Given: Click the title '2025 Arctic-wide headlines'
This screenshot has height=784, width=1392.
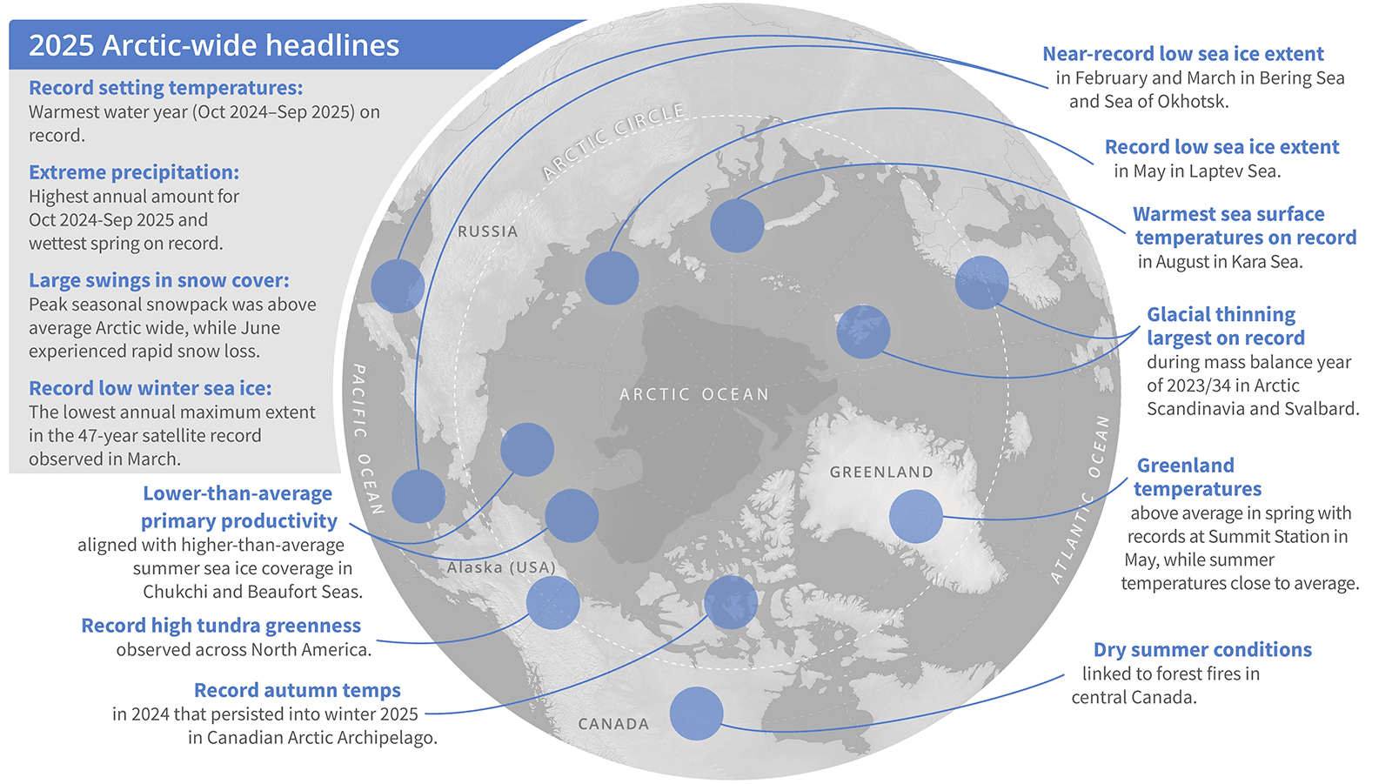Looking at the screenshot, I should pos(214,45).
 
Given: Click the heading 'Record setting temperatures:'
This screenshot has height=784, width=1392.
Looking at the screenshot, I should pos(165,88).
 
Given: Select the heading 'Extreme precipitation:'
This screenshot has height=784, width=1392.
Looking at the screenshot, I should pos(133,172).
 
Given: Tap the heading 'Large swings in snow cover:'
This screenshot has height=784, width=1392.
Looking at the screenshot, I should pos(158,280).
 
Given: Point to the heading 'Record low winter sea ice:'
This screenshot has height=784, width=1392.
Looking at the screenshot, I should pos(150,388).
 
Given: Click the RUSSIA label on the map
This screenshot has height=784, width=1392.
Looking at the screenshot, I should pos(487,231).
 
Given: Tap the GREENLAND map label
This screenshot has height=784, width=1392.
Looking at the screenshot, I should pos(880,472).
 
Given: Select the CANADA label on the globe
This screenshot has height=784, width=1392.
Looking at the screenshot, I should pos(613,724).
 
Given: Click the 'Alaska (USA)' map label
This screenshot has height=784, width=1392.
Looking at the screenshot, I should pos(501,567).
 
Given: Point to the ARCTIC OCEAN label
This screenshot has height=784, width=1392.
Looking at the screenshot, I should pos(694,394).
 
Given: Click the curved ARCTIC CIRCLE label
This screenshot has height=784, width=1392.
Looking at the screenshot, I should pos(612,141).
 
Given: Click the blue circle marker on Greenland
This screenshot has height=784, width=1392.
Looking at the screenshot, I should pos(915,516).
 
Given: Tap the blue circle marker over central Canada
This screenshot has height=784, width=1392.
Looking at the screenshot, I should pos(696,714).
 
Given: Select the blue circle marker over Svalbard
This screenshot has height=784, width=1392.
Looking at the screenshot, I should pos(863,332).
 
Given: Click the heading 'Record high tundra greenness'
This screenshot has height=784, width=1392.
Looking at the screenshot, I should pos(221,626).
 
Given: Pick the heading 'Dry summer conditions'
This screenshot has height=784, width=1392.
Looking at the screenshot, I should pos(1202,650).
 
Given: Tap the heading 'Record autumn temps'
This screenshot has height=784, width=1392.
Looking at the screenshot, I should pos(297,690).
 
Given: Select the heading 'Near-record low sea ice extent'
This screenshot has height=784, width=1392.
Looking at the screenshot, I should pos(1182,54).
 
